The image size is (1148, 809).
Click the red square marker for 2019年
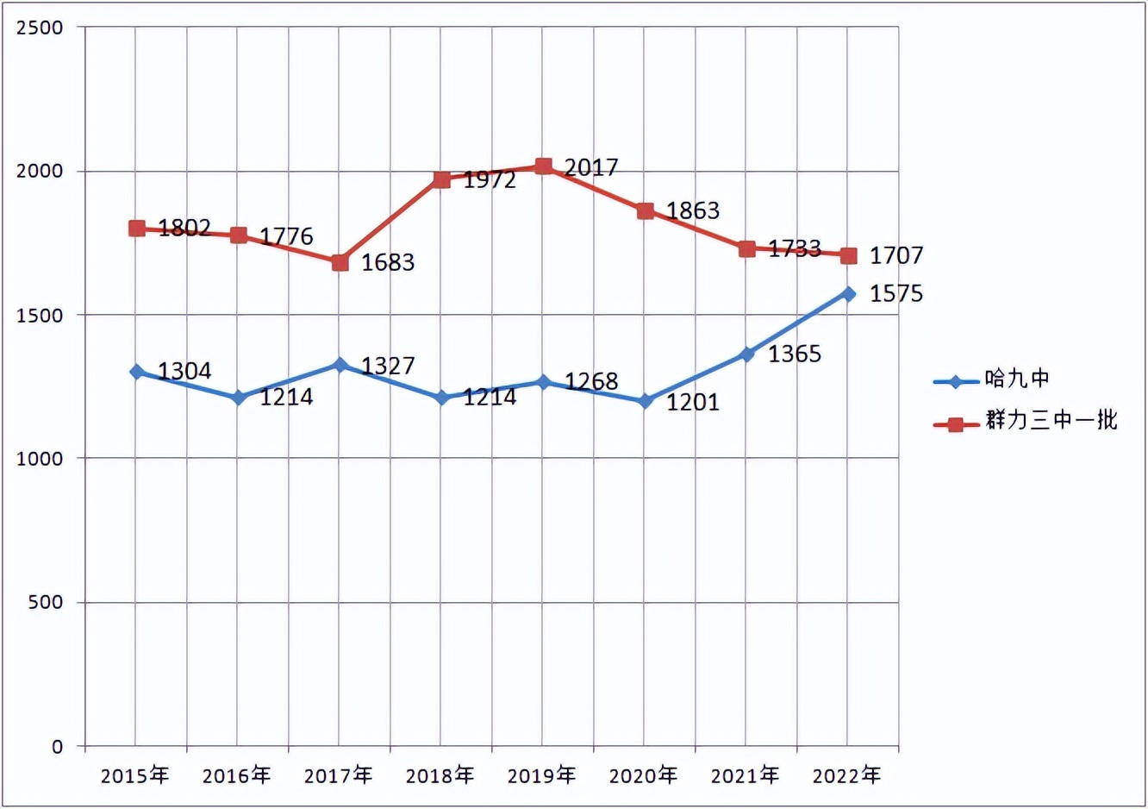543,166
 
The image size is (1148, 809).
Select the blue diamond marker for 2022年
848,294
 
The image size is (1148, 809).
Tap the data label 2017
591,167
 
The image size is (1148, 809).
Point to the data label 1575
896,294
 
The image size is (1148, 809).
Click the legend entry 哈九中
1017,379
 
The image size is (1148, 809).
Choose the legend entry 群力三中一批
1051,420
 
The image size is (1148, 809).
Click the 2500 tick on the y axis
41,28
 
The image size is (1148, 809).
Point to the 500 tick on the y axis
46,602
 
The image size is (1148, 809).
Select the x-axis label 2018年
440,775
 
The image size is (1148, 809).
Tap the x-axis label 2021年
745,775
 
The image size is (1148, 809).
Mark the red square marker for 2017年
340,262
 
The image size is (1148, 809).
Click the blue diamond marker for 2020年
645,401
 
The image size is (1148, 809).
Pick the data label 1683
388,262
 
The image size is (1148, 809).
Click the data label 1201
693,402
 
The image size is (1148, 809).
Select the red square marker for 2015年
136,228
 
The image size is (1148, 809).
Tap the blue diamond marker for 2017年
340,366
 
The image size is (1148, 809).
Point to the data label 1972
490,179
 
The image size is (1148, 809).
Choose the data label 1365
795,354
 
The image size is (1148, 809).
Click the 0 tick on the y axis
57,746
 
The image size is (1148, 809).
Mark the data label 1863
693,210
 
